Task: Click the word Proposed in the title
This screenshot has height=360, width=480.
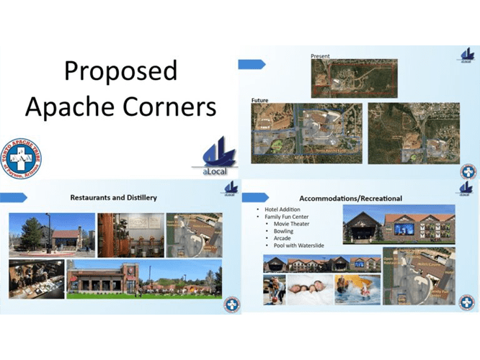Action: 120,71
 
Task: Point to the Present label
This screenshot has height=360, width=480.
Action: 320,55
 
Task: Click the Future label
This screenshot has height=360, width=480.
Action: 260,99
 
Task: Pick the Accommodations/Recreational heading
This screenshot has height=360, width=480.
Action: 350,197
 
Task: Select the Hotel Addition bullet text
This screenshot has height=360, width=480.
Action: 280,209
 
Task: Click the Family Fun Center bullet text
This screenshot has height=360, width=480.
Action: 287,216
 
